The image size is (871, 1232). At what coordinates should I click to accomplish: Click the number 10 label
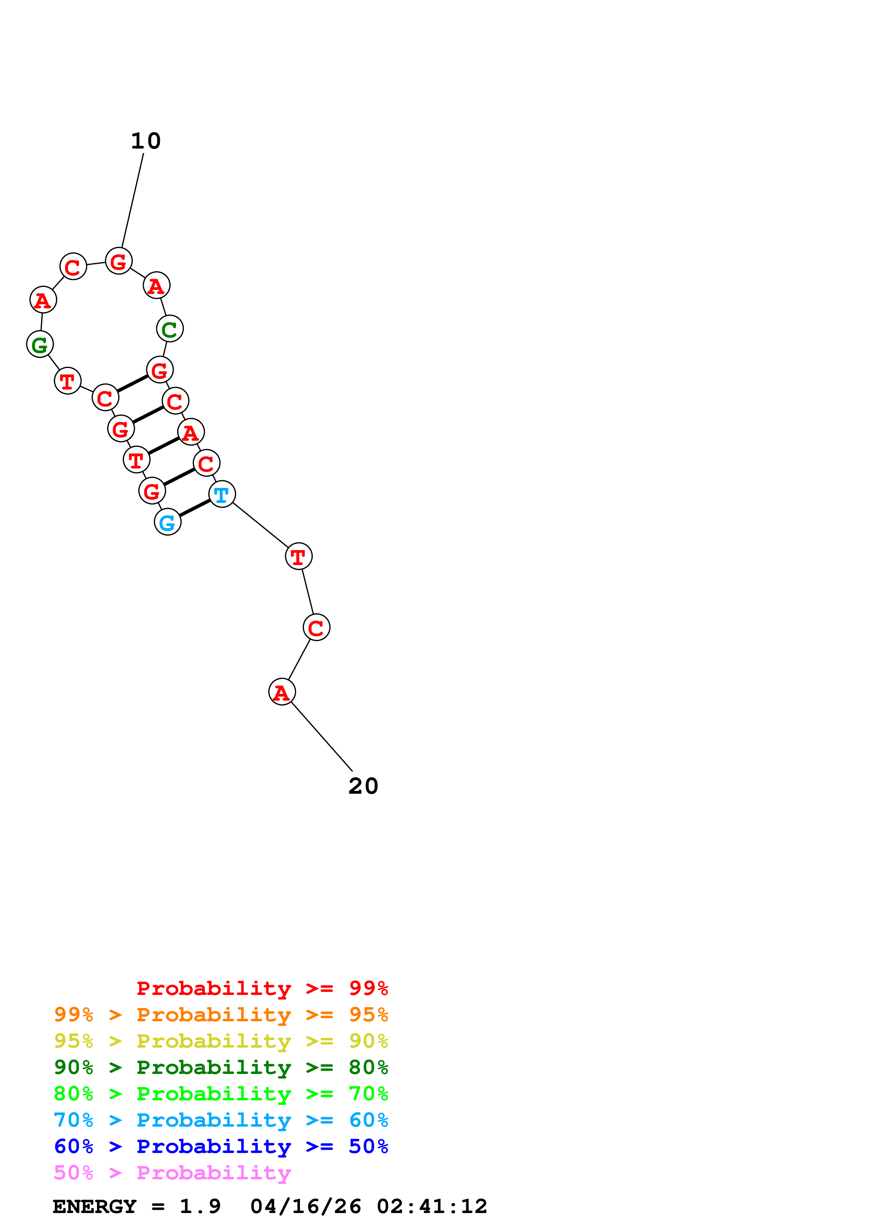pos(146,141)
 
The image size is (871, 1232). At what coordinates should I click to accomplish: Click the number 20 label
pos(363,786)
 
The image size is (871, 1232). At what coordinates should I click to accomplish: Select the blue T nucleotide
pos(222,494)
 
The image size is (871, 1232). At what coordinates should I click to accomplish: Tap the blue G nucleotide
pos(168,522)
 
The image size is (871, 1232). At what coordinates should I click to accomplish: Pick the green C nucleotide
pos(170,329)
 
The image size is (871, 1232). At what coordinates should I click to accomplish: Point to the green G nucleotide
pos(40,345)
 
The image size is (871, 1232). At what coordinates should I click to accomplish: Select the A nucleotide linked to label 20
pos(282,692)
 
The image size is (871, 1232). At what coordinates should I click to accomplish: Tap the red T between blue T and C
pos(298,556)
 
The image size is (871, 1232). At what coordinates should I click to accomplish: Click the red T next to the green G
pos(67,381)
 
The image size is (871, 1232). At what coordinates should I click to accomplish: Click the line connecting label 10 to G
pos(132,201)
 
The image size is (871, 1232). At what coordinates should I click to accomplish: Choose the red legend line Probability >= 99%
pos(262,988)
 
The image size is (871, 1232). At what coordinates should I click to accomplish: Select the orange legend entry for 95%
pos(221,1014)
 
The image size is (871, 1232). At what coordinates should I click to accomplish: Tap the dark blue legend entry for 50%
pos(221,1146)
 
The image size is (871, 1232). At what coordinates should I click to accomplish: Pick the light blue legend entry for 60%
pos(221,1120)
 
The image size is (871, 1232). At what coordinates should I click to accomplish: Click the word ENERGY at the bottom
pos(95,1207)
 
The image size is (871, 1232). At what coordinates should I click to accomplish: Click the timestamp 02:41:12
pos(432,1207)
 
